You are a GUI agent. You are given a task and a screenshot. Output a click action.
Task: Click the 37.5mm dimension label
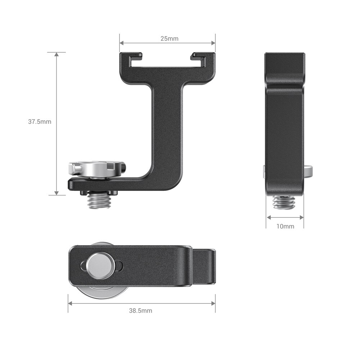[x=40, y=122]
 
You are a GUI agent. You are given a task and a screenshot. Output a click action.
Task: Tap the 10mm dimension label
[x=285, y=226]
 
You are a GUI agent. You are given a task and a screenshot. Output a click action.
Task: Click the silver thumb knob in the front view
[x=95, y=169]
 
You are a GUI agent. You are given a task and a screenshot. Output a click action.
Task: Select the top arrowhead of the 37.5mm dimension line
[x=57, y=54]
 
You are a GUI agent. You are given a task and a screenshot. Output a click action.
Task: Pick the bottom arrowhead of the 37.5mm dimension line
[x=57, y=193]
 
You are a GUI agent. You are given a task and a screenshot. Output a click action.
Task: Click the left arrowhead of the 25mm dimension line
[x=122, y=43]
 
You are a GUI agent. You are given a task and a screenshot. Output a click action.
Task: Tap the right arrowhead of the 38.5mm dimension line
[x=213, y=303]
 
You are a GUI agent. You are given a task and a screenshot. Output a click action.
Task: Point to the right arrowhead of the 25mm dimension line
[x=213, y=43]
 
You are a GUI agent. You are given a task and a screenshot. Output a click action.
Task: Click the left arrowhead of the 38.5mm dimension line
[x=70, y=303]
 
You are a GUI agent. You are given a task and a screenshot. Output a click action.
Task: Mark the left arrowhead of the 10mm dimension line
[x=268, y=217]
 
